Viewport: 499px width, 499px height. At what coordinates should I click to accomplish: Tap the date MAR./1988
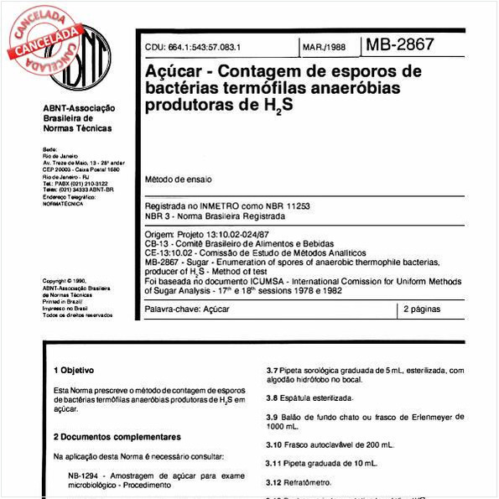[325, 48]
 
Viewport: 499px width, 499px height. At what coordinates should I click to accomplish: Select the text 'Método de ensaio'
[179, 179]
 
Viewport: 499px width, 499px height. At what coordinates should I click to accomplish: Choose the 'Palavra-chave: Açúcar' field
[187, 309]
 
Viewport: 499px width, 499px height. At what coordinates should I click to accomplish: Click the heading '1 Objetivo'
[74, 370]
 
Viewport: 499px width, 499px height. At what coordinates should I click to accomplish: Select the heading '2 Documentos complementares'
[117, 437]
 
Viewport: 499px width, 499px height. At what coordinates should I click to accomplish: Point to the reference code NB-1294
[85, 476]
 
